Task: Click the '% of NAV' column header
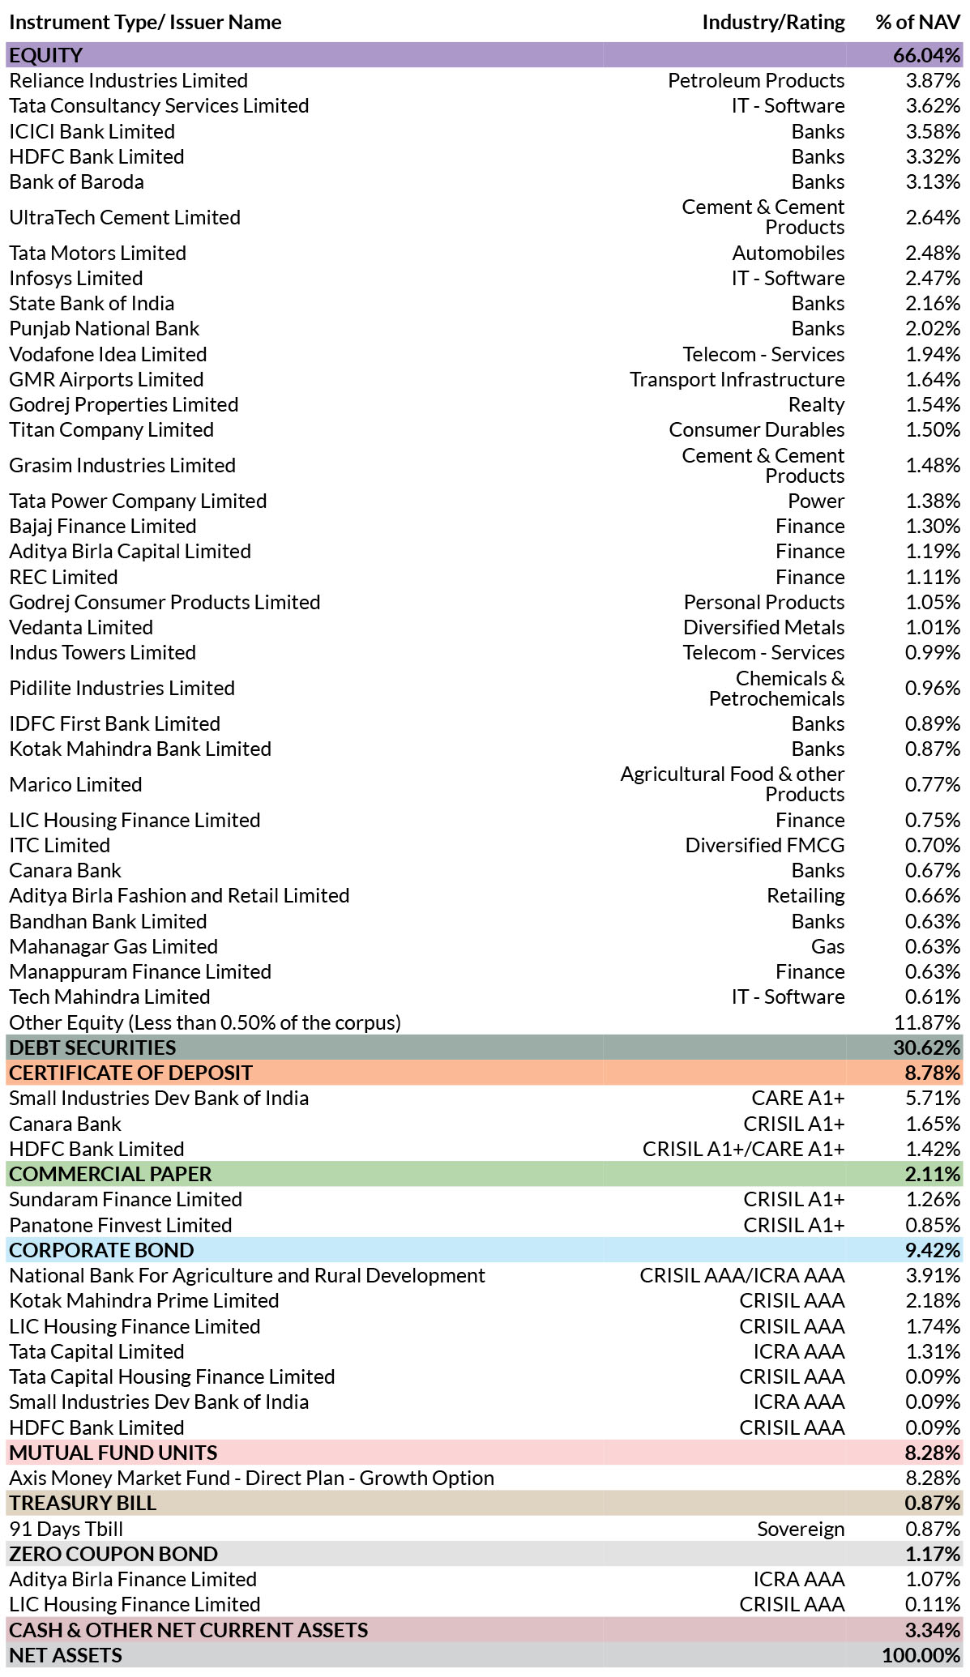917,22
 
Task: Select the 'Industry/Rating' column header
773,23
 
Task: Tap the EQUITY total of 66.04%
927,55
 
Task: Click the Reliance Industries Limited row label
128,81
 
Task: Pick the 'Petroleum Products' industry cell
756,81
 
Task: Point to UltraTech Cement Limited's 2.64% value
933,217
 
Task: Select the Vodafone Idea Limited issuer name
108,354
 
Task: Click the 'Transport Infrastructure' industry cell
737,379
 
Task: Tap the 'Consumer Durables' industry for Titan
757,430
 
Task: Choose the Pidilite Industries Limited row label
122,688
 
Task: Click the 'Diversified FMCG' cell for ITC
765,845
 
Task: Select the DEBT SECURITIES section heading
92,1048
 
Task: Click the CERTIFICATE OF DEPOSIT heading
130,1073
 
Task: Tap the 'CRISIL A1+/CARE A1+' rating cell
744,1149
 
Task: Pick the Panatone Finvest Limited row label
121,1225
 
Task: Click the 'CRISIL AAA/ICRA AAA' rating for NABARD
742,1275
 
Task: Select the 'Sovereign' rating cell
801,1529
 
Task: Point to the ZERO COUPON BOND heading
113,1554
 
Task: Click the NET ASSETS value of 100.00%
921,1655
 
